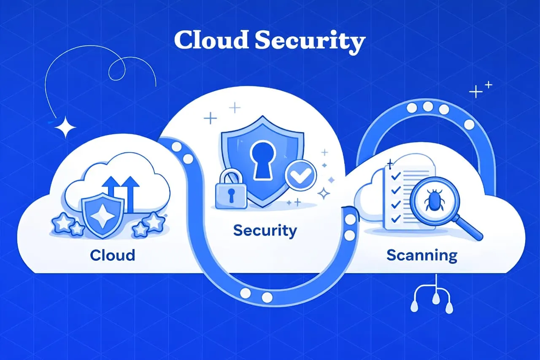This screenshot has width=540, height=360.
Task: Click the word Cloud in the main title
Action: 211,40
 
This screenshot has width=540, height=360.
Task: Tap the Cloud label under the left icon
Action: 113,255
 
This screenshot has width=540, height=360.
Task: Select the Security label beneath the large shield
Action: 265,231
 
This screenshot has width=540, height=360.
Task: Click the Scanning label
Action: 422,256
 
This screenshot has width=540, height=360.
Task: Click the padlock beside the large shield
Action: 231,189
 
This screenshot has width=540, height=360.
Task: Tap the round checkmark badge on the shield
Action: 301,175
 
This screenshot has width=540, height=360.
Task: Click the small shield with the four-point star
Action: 103,216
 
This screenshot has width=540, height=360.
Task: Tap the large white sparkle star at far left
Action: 65,127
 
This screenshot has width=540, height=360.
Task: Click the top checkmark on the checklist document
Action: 396,175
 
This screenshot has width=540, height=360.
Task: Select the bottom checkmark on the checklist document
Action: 396,219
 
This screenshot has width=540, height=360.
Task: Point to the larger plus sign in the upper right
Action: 475,92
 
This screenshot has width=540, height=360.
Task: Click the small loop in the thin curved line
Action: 117,69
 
